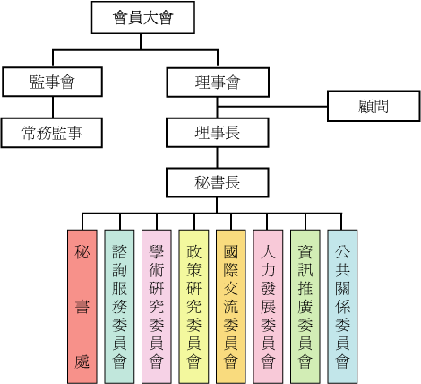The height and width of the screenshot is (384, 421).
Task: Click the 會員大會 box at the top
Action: point(143,17)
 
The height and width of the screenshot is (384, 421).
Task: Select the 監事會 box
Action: point(52,82)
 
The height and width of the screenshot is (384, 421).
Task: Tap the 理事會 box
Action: point(218,83)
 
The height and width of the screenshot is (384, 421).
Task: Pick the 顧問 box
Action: point(374,106)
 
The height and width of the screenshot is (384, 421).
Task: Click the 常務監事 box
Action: point(52,133)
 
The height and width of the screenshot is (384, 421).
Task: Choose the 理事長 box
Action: point(218,133)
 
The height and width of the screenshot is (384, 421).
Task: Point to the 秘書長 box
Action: point(218,182)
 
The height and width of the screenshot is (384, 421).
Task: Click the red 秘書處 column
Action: point(82,307)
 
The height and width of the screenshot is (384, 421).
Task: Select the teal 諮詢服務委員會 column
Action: point(119,307)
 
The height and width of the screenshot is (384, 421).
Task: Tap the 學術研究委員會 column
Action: point(157,307)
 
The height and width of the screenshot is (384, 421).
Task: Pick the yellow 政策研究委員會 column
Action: point(193,307)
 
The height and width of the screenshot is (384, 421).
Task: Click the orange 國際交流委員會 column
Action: point(231,307)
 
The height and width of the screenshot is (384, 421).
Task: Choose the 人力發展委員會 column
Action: point(268,307)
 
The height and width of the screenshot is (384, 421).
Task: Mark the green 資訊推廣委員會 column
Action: point(305,307)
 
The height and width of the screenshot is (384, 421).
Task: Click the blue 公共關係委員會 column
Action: point(342,307)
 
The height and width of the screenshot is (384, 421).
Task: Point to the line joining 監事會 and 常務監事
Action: point(53,107)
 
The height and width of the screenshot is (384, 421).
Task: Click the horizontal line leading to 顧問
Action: point(272,106)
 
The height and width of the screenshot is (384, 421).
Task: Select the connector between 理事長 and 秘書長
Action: point(217,158)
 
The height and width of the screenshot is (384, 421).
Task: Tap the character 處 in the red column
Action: point(82,361)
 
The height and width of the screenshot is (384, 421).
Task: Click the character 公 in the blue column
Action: point(342,251)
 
